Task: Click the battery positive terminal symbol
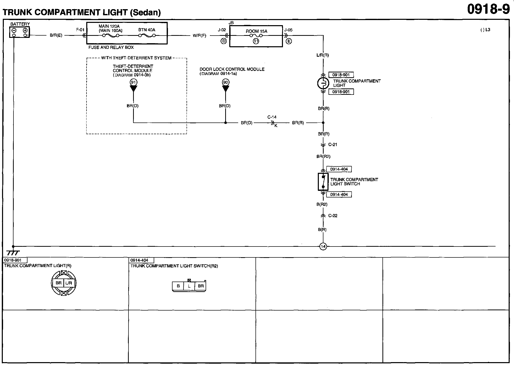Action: click(x=25, y=30)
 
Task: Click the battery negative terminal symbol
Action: click(x=14, y=30)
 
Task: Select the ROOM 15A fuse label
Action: click(x=256, y=31)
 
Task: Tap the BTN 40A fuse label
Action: click(x=147, y=30)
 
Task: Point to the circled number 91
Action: click(x=133, y=82)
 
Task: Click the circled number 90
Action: click(x=225, y=82)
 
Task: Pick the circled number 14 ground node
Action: click(x=323, y=246)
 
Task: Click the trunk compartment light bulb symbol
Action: click(x=323, y=83)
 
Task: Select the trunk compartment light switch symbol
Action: click(x=323, y=181)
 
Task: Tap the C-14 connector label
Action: click(x=272, y=117)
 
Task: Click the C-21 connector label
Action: click(x=333, y=145)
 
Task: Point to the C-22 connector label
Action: click(x=333, y=216)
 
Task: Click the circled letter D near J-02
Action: click(x=223, y=41)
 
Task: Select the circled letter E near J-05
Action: click(x=289, y=41)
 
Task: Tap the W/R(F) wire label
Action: click(x=199, y=36)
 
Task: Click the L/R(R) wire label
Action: click(x=323, y=55)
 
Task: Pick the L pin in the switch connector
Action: click(x=189, y=286)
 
